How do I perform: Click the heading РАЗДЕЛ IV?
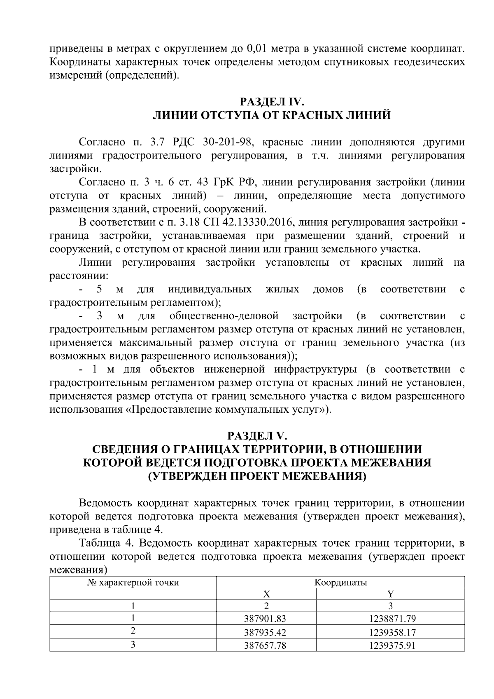[x=272, y=102]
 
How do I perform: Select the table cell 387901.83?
[x=265, y=618]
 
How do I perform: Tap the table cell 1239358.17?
[x=391, y=632]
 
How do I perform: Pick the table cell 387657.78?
[x=265, y=645]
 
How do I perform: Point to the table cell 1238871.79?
[x=391, y=618]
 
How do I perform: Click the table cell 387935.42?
[x=265, y=632]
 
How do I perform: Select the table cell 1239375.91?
[x=391, y=645]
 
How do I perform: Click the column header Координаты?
[x=340, y=582]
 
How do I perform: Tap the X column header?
[x=266, y=594]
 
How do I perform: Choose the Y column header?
[x=391, y=594]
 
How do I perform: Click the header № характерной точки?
[x=133, y=582]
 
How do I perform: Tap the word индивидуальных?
[x=210, y=290]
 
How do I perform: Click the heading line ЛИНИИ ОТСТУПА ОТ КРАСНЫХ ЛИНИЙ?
[x=272, y=115]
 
